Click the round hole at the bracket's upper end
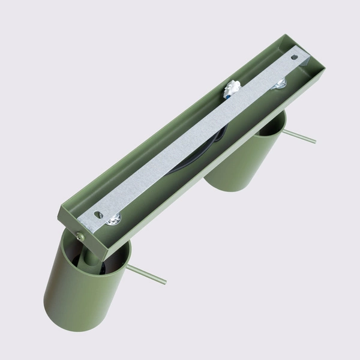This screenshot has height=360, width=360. click(295, 57)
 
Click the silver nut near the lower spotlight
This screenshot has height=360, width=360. click(113, 222)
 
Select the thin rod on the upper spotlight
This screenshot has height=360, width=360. click(299, 136)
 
